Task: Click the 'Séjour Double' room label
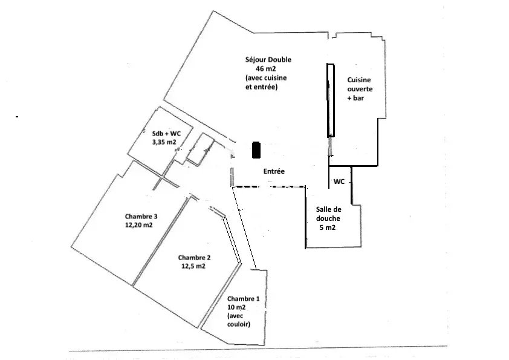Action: click(268, 59)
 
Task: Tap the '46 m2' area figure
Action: click(266, 68)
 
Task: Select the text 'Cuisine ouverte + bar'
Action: click(360, 89)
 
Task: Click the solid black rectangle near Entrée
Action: click(256, 150)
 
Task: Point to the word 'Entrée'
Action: click(274, 171)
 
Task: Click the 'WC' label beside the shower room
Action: click(339, 182)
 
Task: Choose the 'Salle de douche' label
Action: click(328, 214)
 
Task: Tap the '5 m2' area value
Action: click(327, 227)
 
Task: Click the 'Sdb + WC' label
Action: click(166, 133)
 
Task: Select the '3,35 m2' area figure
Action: click(164, 142)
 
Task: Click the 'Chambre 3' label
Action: click(141, 217)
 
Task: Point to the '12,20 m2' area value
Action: click(139, 225)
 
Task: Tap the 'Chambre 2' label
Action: click(194, 258)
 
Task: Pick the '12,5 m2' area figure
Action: click(193, 266)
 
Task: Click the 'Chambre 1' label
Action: click(243, 299)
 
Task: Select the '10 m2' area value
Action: click(236, 307)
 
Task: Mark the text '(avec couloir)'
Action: click(239, 320)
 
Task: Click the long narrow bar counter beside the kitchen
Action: click(331, 100)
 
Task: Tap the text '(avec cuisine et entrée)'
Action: click(266, 82)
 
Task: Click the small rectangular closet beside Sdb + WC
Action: click(201, 150)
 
